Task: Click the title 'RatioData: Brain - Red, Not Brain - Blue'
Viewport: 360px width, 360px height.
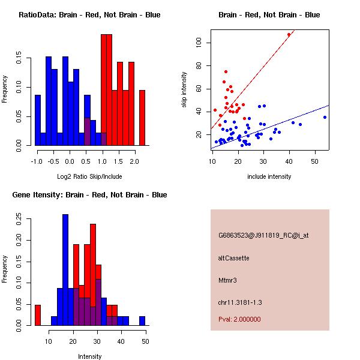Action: (x=89, y=15)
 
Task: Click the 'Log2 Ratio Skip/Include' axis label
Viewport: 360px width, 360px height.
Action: (x=89, y=176)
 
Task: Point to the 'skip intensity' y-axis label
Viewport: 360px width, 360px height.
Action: (x=184, y=89)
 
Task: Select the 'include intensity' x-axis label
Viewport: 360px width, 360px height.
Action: (x=269, y=176)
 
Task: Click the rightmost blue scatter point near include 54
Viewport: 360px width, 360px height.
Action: (x=325, y=117)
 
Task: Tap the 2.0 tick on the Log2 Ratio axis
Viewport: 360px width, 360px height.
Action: (x=134, y=161)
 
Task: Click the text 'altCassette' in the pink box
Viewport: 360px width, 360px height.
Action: (x=233, y=258)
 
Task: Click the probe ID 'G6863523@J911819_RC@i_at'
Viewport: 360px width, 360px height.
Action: (x=263, y=236)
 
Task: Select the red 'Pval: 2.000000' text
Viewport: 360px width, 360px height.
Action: (x=239, y=319)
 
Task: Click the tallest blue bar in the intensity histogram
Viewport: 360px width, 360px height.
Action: (x=65, y=270)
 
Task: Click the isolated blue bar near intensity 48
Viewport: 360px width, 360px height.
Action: (x=142, y=321)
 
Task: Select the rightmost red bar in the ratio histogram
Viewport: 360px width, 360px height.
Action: (x=142, y=118)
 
